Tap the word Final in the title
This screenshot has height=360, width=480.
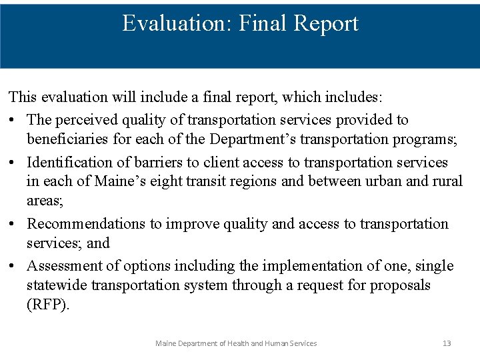254,23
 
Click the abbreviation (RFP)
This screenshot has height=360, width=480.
48,305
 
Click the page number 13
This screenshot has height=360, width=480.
447,343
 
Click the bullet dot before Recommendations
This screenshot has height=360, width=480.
13,224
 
